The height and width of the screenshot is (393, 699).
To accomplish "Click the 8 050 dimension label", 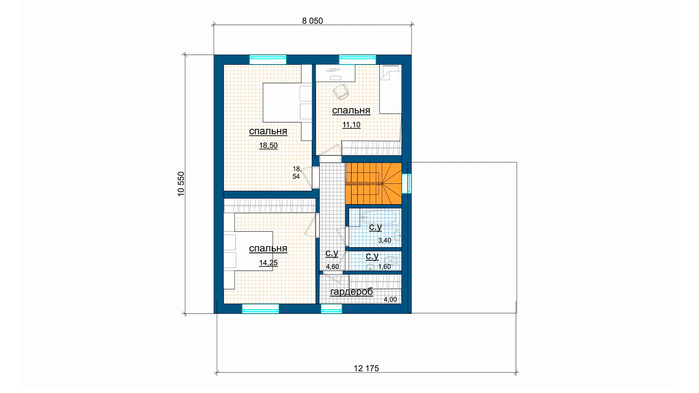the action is click(312, 21).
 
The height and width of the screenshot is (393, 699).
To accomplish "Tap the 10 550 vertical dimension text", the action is click(181, 184).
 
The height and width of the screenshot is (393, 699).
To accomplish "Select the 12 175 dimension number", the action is click(366, 369).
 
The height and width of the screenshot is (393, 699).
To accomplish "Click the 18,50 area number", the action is click(268, 145).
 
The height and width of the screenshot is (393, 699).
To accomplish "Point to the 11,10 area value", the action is click(351, 125).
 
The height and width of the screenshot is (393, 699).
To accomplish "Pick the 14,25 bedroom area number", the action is click(268, 263).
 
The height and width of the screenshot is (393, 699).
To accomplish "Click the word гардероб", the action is click(351, 292).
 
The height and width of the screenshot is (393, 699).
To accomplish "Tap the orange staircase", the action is click(374, 184).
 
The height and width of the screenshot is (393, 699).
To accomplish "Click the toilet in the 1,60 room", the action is click(392, 260).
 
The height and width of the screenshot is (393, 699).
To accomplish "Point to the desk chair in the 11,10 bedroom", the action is click(340, 92).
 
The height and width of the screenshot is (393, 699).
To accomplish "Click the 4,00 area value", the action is click(390, 300).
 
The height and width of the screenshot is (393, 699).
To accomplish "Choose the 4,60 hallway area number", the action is click(332, 267).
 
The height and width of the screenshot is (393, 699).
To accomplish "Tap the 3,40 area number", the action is click(384, 241).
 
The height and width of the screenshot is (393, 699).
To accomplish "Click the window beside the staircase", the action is click(407, 183).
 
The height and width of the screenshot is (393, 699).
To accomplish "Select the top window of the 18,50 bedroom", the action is click(268, 59).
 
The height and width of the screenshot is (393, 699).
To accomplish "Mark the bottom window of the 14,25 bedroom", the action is click(260, 309).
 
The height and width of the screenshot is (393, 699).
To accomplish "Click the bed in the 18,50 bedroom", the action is click(287, 103).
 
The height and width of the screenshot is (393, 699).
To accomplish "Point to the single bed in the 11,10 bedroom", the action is click(391, 89).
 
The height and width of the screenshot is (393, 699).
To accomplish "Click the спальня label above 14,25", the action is click(268, 248).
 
